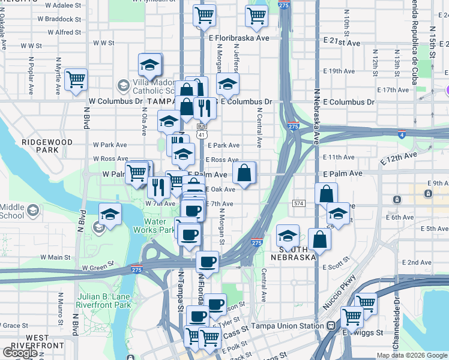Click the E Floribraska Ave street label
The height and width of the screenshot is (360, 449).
pos(239,38)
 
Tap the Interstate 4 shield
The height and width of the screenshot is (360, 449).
pos(401,134)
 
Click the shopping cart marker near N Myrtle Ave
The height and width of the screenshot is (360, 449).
pos(76,79)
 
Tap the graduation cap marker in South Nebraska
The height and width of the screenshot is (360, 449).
pos(288,235)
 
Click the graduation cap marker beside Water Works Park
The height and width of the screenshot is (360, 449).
pos(110,214)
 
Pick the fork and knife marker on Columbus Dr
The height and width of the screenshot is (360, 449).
pos(204,108)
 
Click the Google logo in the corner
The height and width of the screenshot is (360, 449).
pos(20,352)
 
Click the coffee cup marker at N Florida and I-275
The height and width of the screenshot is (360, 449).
pos(208,262)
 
